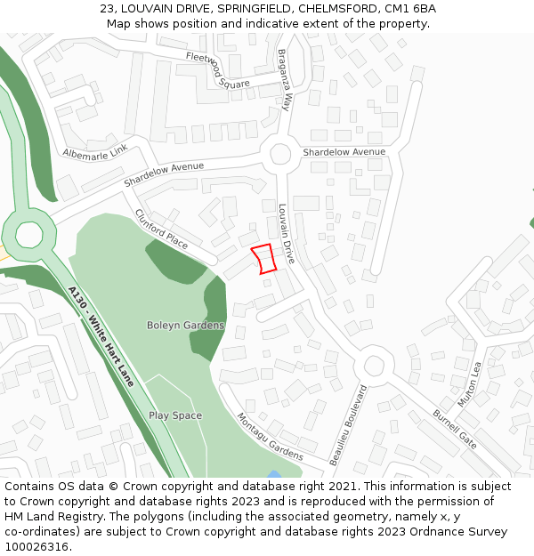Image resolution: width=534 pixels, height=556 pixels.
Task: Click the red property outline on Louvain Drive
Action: coord(263,258)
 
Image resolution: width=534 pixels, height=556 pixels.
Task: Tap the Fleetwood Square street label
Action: coord(218,71)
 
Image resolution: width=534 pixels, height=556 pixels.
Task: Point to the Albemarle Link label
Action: coord(95,152)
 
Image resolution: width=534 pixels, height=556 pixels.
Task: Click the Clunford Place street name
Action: coord(161,229)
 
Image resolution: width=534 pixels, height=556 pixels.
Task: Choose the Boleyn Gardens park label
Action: coord(185,326)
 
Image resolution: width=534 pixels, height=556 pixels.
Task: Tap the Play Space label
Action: coord(175,415)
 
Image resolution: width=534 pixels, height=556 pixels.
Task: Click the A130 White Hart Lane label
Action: coord(101,335)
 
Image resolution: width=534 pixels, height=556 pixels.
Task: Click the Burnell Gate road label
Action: coord(455,429)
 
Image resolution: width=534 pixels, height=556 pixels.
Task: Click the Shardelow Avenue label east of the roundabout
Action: coord(344,152)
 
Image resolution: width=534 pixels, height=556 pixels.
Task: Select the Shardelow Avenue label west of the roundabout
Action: coord(164,173)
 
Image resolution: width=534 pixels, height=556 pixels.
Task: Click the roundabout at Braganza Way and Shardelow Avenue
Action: coord(281,154)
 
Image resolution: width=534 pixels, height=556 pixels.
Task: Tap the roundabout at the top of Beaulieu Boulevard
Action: coord(374,365)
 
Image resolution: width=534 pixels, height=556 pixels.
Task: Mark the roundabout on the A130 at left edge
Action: coord(28,234)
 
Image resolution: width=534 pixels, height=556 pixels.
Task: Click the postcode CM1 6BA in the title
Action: coord(410,8)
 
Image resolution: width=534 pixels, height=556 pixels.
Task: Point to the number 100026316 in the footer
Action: coord(36,546)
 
